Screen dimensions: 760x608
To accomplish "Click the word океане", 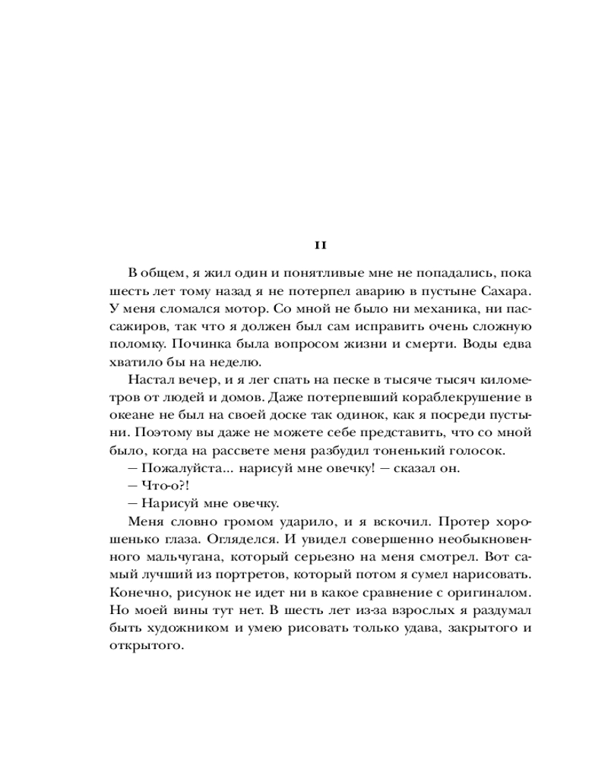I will coord(123,414).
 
